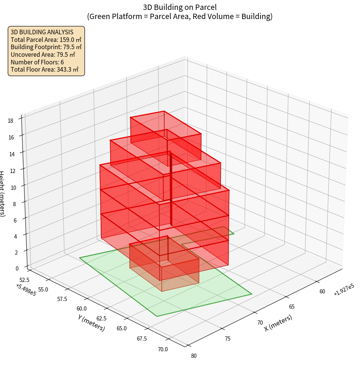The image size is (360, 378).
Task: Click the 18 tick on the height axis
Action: click(11, 121)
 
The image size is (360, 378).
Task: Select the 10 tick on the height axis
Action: click(14, 187)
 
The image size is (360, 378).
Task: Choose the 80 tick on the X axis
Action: click(194, 356)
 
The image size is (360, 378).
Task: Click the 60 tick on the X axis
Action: click(322, 292)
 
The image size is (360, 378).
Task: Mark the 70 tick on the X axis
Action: click(260, 322)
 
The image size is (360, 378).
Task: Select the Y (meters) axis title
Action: click(91, 322)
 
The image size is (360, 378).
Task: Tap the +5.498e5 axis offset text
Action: click(26, 290)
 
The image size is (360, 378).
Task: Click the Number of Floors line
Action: click(37, 62)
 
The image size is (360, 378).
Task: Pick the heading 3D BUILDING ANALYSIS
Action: click(42, 32)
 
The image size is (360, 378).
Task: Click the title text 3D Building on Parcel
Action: click(180, 7)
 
